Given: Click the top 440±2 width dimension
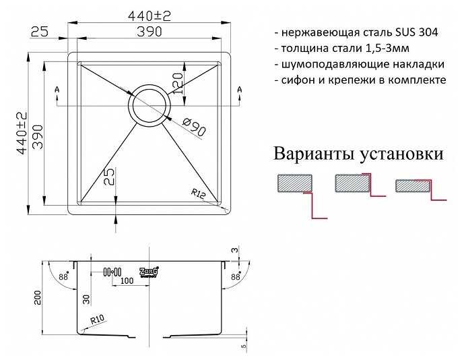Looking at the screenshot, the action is point(150,16).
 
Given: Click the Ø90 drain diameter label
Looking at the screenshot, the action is point(194,127).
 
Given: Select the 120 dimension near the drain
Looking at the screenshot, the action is point(177,84).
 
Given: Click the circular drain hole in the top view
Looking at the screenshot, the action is point(150,105).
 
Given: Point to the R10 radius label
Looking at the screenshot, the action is point(98,320).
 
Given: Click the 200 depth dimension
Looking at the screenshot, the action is point(38,297).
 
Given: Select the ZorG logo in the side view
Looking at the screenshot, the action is point(149,272).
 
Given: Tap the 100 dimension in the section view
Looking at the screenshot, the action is point(127,280).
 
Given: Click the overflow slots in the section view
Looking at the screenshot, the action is point(112,272).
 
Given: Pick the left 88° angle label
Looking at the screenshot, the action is point(64,276).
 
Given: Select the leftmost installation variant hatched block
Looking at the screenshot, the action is point(295,183).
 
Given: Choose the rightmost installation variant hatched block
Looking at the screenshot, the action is point(413,186).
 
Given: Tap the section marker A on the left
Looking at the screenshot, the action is point(57,89).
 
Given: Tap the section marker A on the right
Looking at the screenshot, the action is point(240,89).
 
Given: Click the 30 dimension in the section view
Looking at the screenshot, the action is point(86,299).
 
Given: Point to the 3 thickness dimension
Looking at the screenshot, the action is point(234,250).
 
